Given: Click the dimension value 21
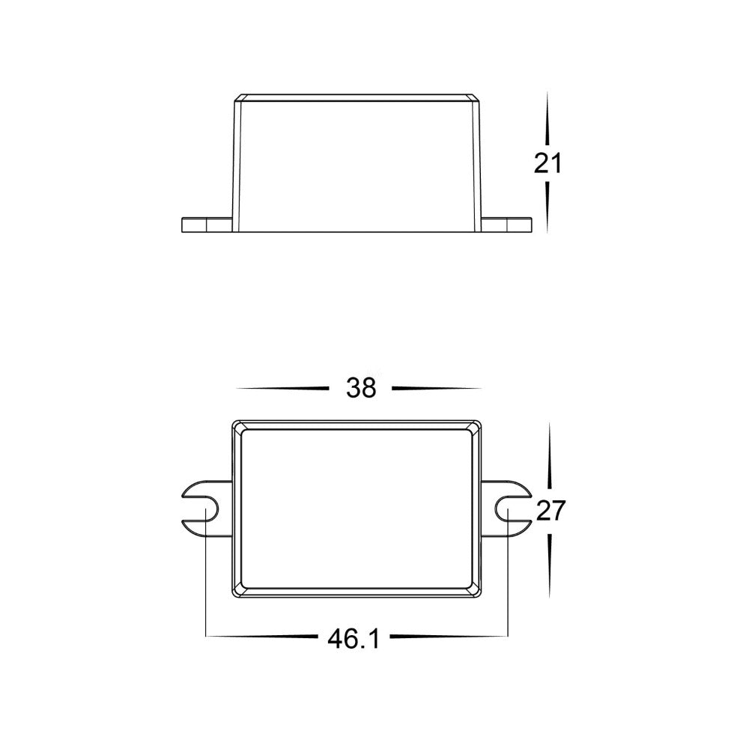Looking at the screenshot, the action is click(548, 164).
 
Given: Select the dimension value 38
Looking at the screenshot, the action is click(361, 388).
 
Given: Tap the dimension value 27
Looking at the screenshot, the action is click(551, 510).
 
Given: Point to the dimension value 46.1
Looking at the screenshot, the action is click(354, 638).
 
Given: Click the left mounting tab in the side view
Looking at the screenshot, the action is click(207, 225).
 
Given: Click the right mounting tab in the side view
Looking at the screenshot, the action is click(506, 225).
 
